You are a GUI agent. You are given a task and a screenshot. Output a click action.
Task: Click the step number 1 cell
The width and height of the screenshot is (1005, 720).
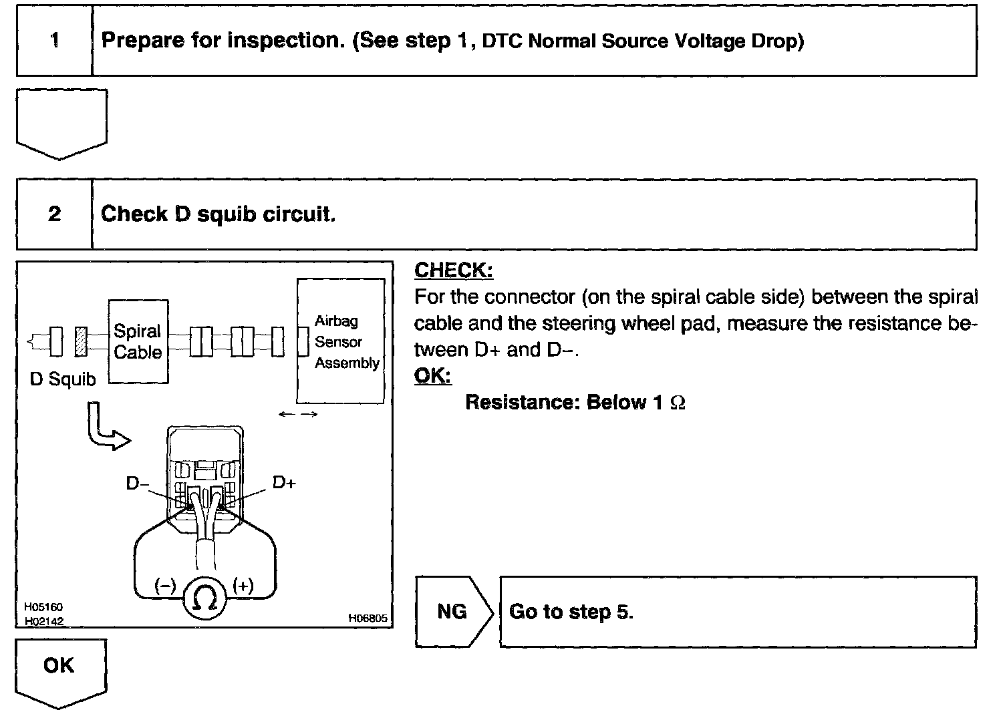click(54, 41)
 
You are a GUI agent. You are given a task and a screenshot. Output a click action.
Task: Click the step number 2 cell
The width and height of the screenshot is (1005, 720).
click(54, 214)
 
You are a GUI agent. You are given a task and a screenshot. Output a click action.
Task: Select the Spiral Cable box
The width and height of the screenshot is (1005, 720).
click(138, 341)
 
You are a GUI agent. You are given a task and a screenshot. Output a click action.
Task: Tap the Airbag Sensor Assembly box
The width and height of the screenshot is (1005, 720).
click(341, 341)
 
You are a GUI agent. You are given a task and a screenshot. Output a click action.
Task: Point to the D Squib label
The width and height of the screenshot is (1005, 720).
click(63, 379)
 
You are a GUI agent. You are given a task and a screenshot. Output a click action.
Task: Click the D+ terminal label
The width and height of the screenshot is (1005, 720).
click(283, 482)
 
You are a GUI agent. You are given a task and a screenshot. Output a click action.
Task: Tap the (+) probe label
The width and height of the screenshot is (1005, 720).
click(243, 586)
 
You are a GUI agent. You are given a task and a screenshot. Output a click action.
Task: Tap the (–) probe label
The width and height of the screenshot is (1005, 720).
click(165, 586)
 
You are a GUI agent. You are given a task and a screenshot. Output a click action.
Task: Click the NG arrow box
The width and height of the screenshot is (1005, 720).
click(453, 612)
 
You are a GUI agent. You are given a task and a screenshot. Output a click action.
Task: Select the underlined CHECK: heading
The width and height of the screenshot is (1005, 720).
click(454, 271)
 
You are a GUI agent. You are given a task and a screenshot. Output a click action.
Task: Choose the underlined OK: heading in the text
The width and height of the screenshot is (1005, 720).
click(432, 376)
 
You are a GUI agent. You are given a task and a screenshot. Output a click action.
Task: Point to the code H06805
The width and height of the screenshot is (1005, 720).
click(368, 618)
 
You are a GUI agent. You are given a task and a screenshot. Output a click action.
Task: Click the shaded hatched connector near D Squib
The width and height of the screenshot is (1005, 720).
click(82, 341)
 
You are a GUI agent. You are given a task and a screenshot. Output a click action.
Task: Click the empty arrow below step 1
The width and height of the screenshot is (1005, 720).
click(61, 122)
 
